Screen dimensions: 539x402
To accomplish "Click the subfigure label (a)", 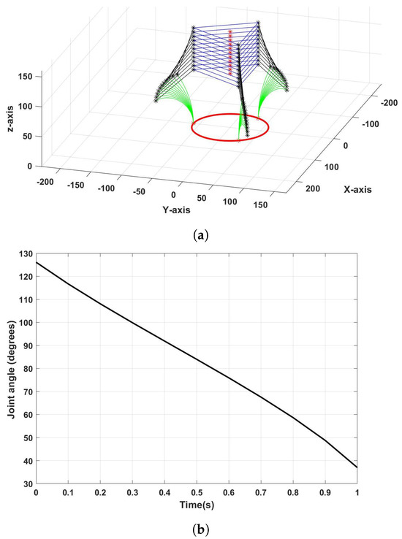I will pos(202,235).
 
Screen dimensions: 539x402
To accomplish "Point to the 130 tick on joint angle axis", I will pos(25,253).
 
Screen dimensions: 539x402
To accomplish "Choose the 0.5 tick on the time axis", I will pos(197,493).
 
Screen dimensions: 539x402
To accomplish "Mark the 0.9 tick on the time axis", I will pos(325,493).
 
